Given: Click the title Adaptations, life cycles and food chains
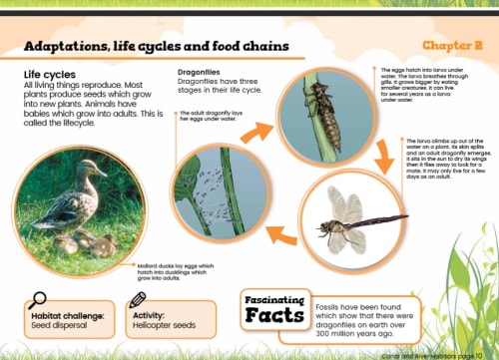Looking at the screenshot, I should (x=157, y=46).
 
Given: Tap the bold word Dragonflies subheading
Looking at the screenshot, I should (x=206, y=73).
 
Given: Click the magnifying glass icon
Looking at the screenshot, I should (x=38, y=298).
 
